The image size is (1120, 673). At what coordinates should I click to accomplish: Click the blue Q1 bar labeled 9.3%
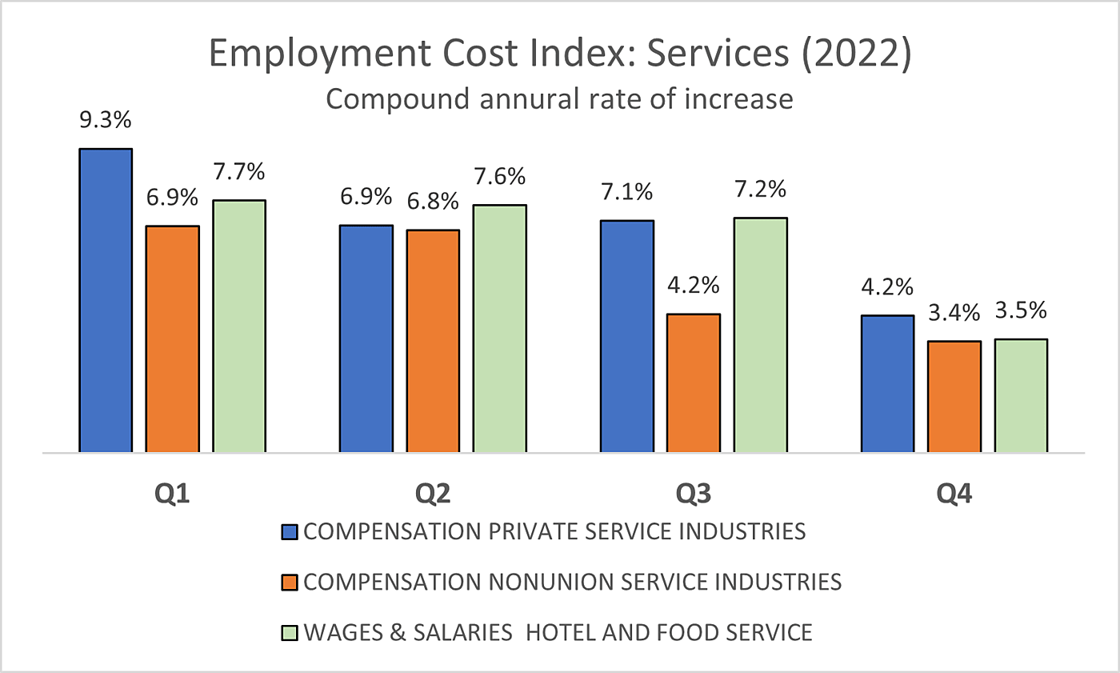tap(106, 300)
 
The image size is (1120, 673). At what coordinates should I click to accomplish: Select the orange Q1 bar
tap(172, 339)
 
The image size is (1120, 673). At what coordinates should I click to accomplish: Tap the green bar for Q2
tap(499, 329)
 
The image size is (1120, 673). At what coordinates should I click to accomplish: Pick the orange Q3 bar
tap(693, 383)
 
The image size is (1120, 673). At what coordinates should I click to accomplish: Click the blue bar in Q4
tap(887, 384)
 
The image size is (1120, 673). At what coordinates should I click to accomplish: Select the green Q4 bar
tap(1021, 395)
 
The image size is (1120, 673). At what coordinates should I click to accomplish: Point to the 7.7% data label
tap(239, 172)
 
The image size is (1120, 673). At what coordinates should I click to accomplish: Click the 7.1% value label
tap(627, 193)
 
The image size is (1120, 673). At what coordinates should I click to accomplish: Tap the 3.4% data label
tap(954, 313)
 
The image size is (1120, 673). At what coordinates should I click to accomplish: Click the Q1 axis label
tap(172, 494)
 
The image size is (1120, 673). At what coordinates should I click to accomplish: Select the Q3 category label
tap(693, 494)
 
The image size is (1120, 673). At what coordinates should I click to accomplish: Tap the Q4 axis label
tap(954, 494)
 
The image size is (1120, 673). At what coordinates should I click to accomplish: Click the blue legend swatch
tap(290, 532)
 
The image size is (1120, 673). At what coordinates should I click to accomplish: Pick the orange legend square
tap(290, 582)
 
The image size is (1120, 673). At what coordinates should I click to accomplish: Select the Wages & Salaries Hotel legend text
tap(558, 632)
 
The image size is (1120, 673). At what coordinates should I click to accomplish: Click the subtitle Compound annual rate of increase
tap(559, 100)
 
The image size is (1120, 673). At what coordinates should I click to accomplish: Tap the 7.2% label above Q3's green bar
tap(760, 190)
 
